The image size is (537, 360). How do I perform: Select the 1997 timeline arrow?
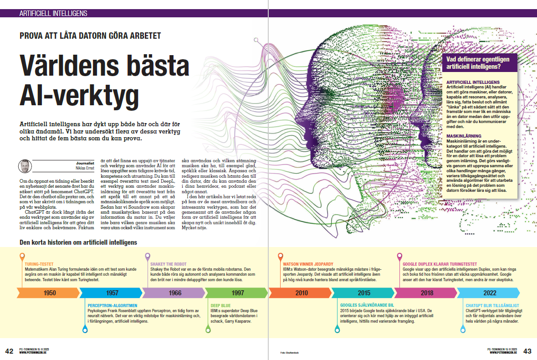(238, 293)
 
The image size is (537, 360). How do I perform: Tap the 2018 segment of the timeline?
(427, 293)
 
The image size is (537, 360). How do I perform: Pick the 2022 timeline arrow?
(490, 293)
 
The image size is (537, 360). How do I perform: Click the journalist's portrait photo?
(25, 166)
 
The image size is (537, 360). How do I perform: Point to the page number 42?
(9, 351)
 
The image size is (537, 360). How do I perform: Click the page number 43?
(527, 351)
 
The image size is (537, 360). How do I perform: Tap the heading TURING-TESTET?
(40, 263)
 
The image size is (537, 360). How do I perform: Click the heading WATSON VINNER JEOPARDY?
(308, 263)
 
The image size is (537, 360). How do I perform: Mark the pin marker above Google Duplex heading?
(399, 256)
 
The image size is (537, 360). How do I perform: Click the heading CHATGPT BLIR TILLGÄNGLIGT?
(492, 306)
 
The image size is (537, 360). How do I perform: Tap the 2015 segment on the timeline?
(364, 293)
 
